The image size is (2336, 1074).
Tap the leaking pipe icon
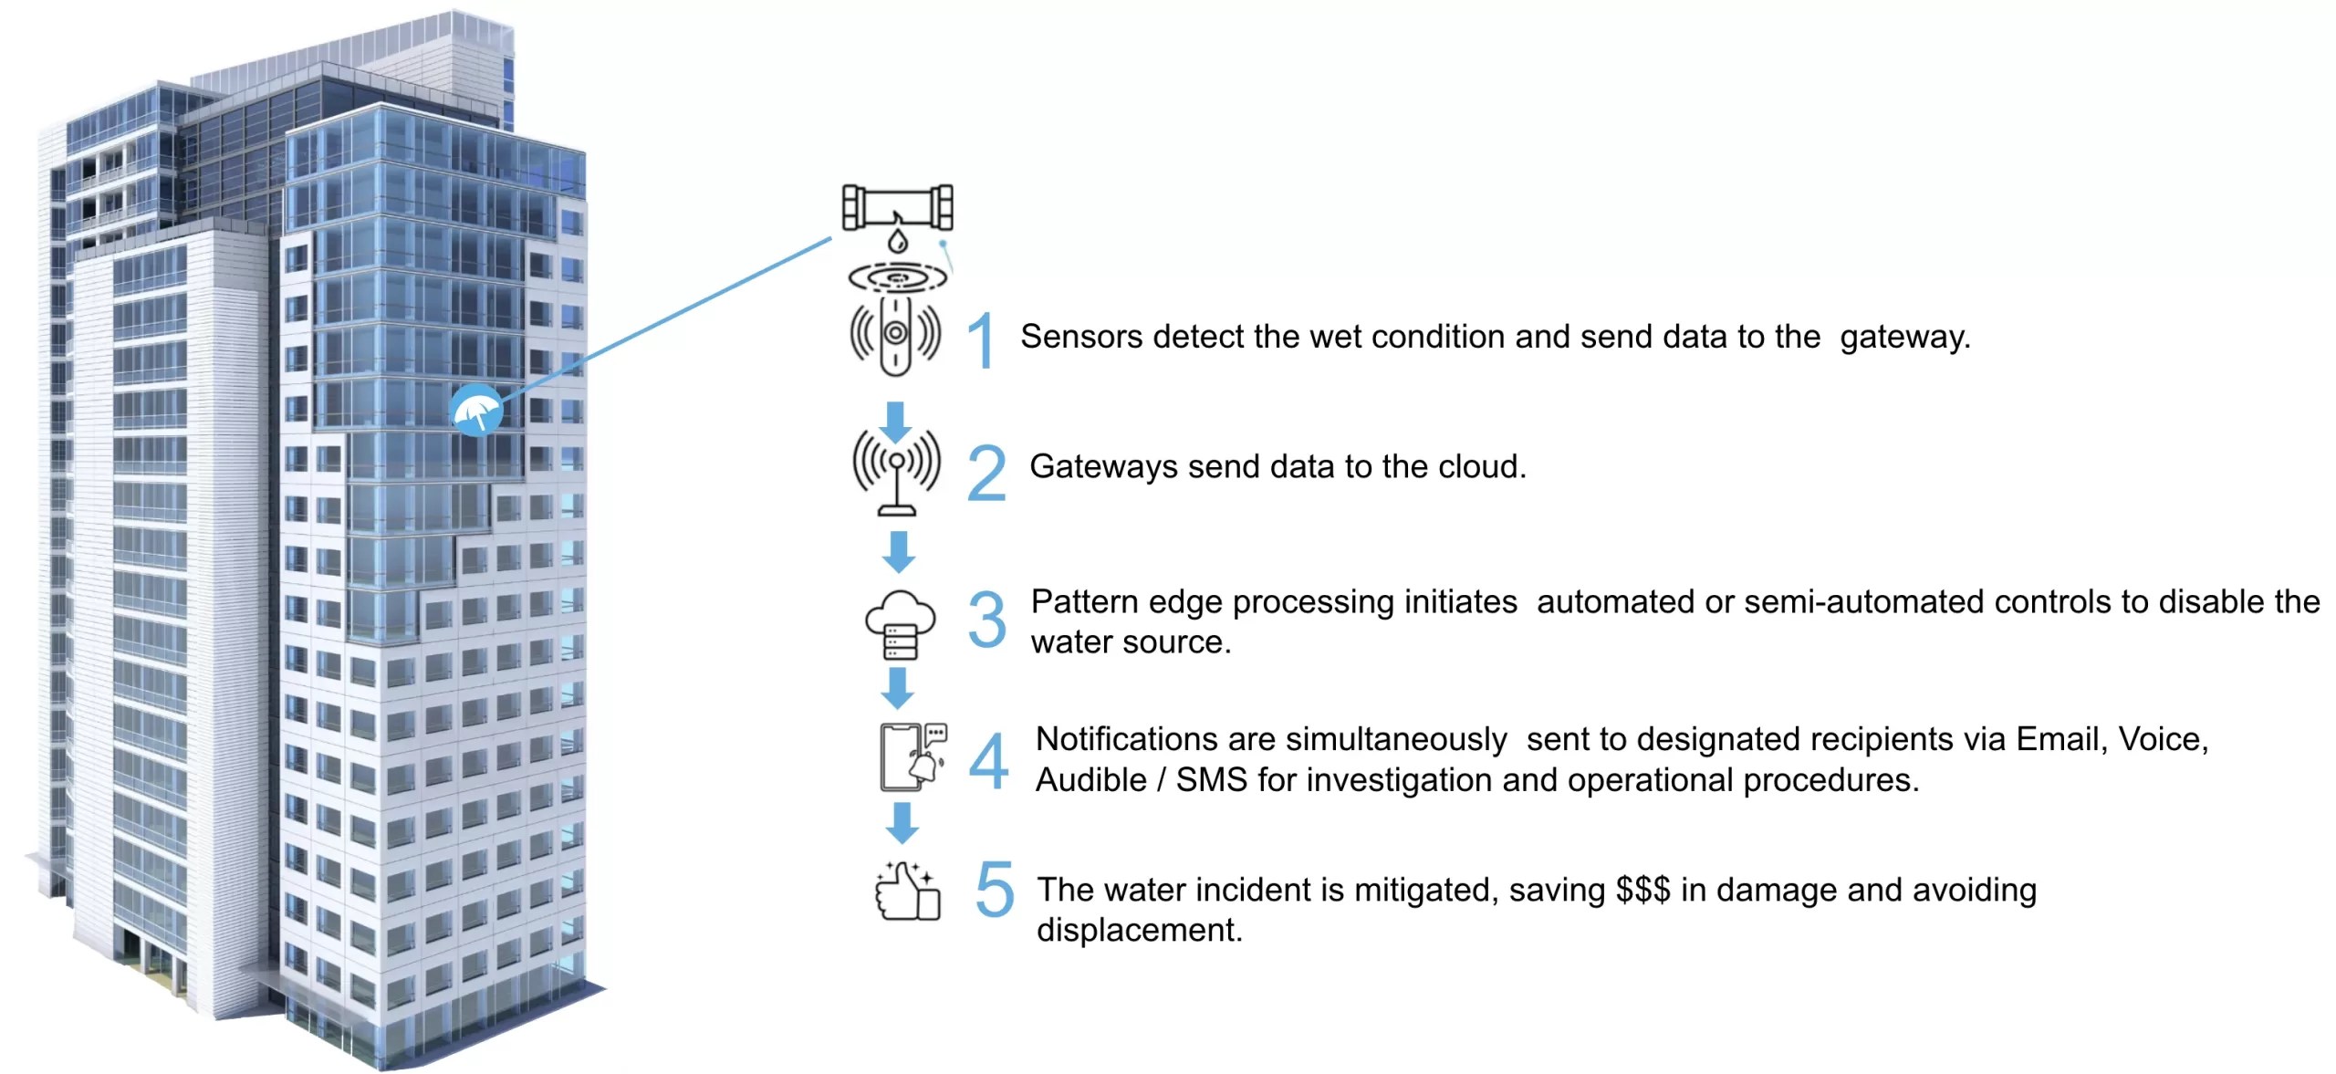point(897,210)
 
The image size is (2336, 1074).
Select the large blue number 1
point(981,340)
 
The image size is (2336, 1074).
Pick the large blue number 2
point(986,474)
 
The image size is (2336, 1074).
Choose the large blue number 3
point(987,620)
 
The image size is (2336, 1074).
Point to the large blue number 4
point(988,760)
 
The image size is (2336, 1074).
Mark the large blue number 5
point(994,889)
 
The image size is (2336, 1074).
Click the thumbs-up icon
point(907,892)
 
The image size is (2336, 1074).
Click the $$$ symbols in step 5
point(1642,890)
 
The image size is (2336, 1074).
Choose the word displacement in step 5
point(1139,930)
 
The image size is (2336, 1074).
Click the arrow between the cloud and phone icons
point(898,687)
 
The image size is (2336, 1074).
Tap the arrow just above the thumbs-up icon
point(902,822)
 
